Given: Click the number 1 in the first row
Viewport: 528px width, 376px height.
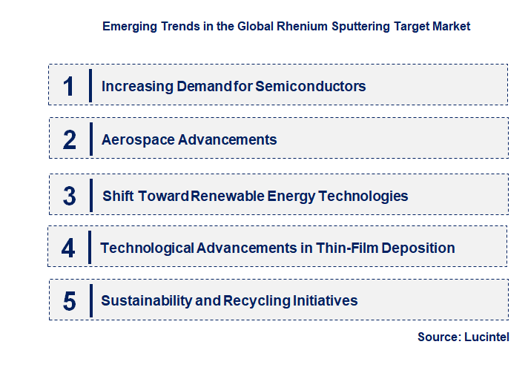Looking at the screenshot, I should point(69,86).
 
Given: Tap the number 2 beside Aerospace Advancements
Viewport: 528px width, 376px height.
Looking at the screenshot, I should point(70,139).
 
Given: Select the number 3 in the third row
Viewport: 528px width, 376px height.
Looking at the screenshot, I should point(70,196).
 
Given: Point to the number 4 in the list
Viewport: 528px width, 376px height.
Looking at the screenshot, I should point(68,248).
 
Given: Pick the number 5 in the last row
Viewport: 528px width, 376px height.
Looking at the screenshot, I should point(70,301).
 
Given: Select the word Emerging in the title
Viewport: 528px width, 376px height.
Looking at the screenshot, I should point(127,26).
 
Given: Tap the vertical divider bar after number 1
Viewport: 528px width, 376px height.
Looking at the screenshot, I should point(90,86).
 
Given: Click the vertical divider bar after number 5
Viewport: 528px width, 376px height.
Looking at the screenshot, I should point(90,300).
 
